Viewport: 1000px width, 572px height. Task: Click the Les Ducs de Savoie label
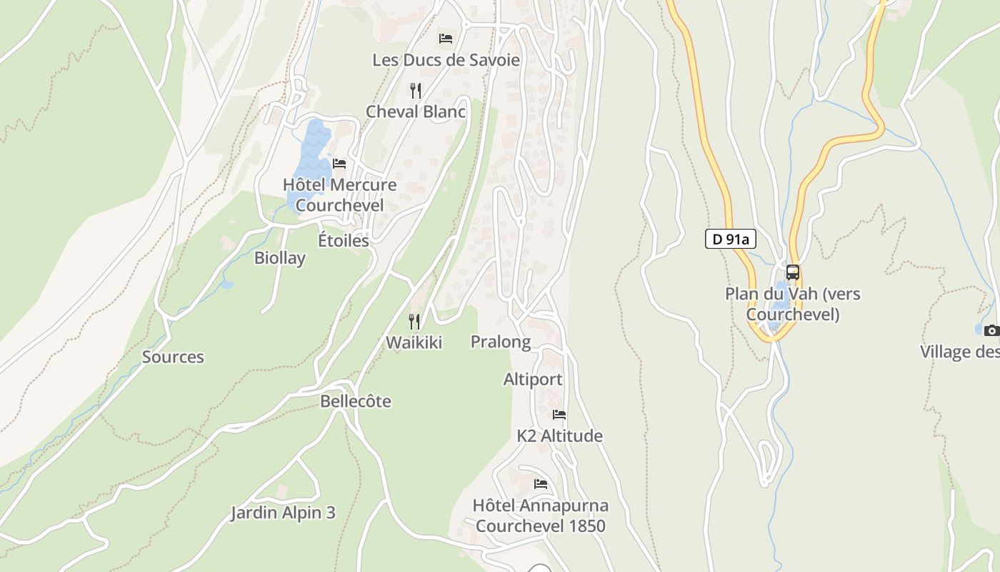pyautogui.click(x=446, y=60)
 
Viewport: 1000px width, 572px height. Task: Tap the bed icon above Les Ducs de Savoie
pyautogui.click(x=446, y=38)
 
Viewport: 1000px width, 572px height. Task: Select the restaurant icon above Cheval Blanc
pyautogui.click(x=416, y=90)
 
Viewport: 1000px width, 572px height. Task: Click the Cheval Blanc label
pyautogui.click(x=416, y=112)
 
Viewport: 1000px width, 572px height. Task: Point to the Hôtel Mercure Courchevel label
pyautogui.click(x=339, y=195)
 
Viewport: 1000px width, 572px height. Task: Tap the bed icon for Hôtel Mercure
pyautogui.click(x=339, y=164)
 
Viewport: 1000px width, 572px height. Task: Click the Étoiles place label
pyautogui.click(x=344, y=240)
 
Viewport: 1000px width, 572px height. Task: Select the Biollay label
pyautogui.click(x=280, y=258)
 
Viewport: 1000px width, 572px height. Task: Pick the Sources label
pyautogui.click(x=173, y=357)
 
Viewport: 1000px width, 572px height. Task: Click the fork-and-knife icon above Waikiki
pyautogui.click(x=414, y=322)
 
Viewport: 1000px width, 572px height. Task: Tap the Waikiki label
pyautogui.click(x=414, y=342)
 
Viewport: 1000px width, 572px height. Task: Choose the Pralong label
pyautogui.click(x=501, y=342)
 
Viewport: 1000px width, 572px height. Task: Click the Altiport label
pyautogui.click(x=533, y=379)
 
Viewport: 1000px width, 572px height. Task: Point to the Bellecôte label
pyautogui.click(x=356, y=401)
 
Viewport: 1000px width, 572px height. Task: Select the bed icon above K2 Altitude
pyautogui.click(x=559, y=415)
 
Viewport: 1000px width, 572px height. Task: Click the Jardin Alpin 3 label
pyautogui.click(x=283, y=513)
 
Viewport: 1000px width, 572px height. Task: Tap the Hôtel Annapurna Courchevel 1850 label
pyautogui.click(x=541, y=516)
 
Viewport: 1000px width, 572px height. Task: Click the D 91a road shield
pyautogui.click(x=731, y=239)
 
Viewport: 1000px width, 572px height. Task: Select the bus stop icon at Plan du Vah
pyautogui.click(x=793, y=272)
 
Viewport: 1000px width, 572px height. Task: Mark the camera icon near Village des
pyautogui.click(x=991, y=330)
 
